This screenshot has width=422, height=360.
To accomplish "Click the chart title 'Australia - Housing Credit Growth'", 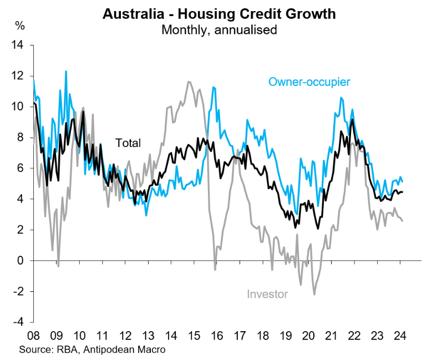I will (x=219, y=14).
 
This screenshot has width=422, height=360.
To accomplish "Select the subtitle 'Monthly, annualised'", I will (x=219, y=29).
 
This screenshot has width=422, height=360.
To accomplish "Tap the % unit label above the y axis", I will (x=20, y=25).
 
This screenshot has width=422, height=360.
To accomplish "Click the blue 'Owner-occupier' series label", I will (x=309, y=82).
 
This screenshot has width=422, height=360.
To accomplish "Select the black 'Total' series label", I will (x=128, y=143).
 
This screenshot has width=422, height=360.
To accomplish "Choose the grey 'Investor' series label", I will (x=267, y=294).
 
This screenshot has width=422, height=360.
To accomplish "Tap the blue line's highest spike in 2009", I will (x=66, y=71).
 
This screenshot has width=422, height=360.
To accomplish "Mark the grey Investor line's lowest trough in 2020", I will (x=314, y=294).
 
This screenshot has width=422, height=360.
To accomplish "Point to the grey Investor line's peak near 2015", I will (x=189, y=82).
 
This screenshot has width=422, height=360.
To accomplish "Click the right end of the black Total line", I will (x=403, y=192).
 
